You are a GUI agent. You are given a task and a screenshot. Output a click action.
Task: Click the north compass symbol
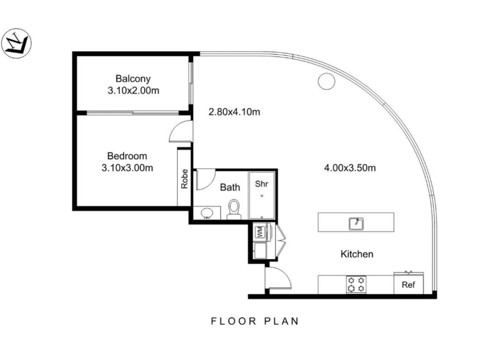pos(17,43)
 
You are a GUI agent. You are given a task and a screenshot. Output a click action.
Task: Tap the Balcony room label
pos(133,79)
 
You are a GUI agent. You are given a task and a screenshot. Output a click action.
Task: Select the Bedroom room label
pos(127,156)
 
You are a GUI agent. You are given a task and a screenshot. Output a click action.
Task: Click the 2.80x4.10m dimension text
pos(234,112)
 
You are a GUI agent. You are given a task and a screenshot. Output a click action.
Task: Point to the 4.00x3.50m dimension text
pos(350,168)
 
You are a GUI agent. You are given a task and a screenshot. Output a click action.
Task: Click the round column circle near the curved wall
pos(326,82)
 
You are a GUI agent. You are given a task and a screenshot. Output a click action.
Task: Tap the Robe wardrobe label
pos(184,179)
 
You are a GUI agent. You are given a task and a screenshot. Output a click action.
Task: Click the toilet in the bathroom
pos(234,209)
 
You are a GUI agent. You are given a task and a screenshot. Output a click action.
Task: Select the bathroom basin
pos(207,213)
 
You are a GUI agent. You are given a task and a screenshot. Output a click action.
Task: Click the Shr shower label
pos(262,184)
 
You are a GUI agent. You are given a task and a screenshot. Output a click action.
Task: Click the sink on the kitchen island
pos(356,223)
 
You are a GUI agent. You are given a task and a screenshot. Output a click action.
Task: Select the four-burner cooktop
pos(356,284)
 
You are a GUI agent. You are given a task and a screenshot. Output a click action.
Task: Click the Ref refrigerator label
pos(409,284)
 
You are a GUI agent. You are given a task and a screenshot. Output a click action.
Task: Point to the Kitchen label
pos(357,254)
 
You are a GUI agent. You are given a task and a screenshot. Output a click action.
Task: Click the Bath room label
pos(230,187)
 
